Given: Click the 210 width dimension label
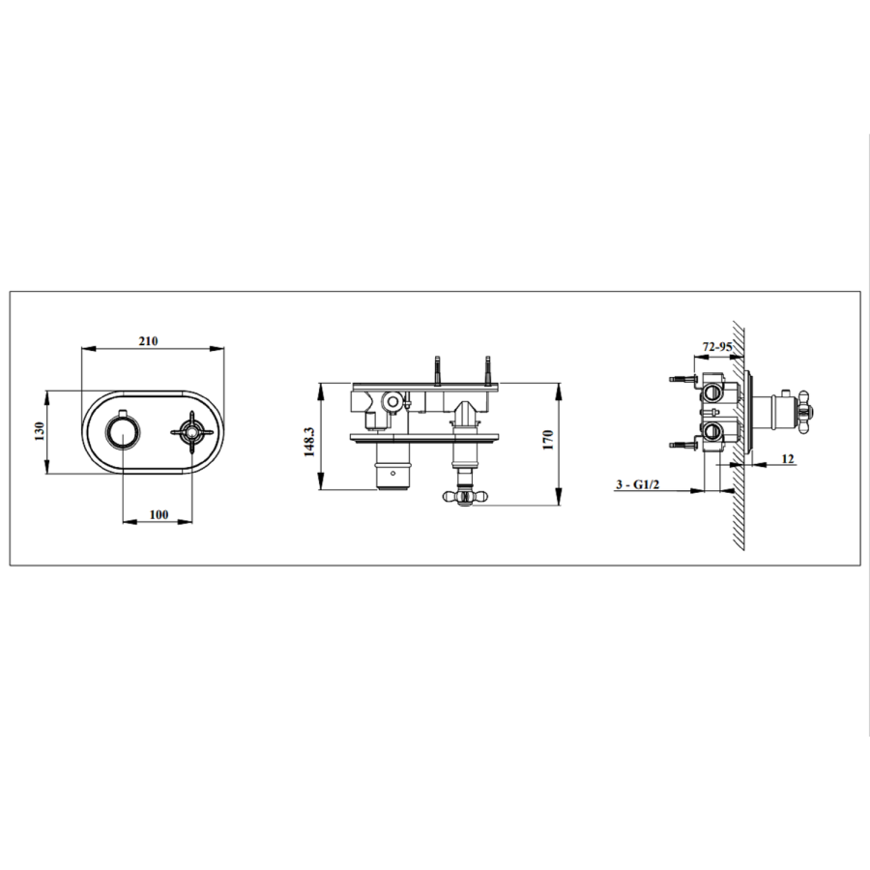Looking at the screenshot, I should click(x=148, y=341).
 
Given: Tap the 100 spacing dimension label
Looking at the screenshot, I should click(x=159, y=514).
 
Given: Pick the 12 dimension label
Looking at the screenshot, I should click(x=788, y=458).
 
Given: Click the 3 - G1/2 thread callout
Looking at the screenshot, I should click(x=635, y=484).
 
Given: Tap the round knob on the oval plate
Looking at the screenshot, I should click(x=121, y=431).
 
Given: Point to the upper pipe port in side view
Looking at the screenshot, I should click(x=712, y=391).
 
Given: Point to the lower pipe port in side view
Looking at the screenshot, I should click(x=712, y=429).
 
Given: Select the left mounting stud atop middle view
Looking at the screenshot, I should click(x=440, y=367).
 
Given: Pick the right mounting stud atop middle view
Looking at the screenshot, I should click(x=488, y=367).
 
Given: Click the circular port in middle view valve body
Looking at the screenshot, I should click(x=392, y=400).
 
